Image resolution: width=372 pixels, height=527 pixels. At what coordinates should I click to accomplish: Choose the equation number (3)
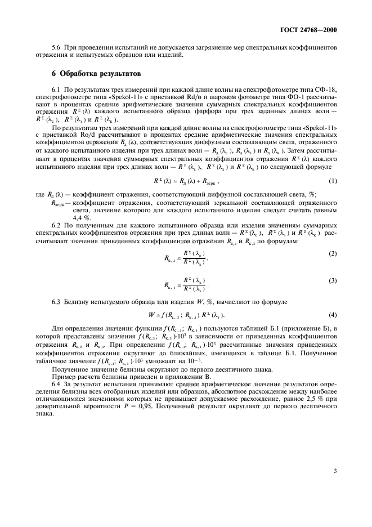point(333,280)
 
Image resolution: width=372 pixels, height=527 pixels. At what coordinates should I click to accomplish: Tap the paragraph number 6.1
point(56,90)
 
